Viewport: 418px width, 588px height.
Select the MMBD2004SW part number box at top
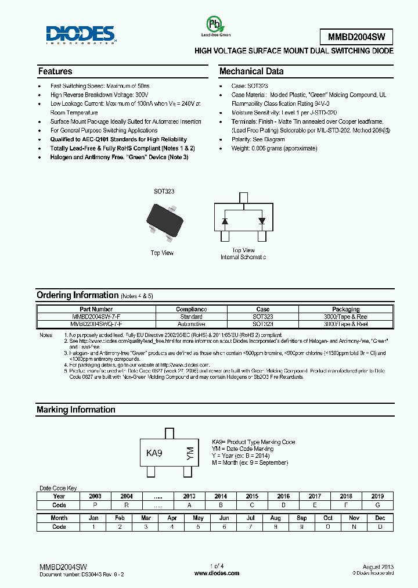click(356, 37)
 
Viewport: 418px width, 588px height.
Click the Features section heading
click(55, 71)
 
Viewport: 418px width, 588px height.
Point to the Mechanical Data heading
click(251, 71)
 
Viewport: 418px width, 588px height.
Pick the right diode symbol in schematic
click(261, 221)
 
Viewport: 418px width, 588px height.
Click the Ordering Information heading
click(77, 295)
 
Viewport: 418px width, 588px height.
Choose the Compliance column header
click(191, 309)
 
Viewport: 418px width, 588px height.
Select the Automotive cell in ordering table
click(191, 324)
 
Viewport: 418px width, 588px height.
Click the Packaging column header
click(345, 309)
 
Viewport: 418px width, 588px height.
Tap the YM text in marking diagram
click(189, 453)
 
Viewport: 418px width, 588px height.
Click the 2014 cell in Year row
click(221, 496)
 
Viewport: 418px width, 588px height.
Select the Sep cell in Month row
click(302, 518)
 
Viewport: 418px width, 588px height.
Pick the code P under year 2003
click(95, 505)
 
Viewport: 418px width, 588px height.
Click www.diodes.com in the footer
click(217, 573)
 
